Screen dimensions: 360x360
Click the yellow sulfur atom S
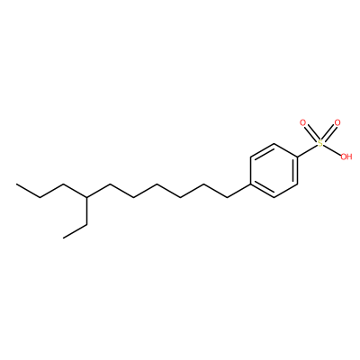coord(320,143)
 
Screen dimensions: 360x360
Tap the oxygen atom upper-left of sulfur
coord(303,123)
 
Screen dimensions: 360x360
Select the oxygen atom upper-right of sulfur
coord(337,122)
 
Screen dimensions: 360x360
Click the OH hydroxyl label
coord(346,157)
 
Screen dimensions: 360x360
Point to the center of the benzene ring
coord(274,170)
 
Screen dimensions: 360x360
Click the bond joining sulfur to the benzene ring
coord(308,150)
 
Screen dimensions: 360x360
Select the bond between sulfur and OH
coord(332,149)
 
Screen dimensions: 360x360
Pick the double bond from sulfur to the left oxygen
coord(311,133)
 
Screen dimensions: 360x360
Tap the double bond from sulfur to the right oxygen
coord(329,133)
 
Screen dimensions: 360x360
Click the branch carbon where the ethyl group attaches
coord(87,197)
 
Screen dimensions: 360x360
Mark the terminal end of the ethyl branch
coord(64,238)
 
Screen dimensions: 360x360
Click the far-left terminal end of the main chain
coord(16,184)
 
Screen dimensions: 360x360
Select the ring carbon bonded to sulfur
coord(298,157)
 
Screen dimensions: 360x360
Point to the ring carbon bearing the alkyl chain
coord(250,184)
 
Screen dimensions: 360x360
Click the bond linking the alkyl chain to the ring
coord(238,191)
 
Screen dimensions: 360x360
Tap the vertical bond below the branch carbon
coord(87,211)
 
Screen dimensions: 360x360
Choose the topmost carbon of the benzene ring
coord(274,143)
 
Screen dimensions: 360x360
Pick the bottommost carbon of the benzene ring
coord(274,197)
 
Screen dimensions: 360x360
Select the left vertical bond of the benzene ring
coord(250,170)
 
